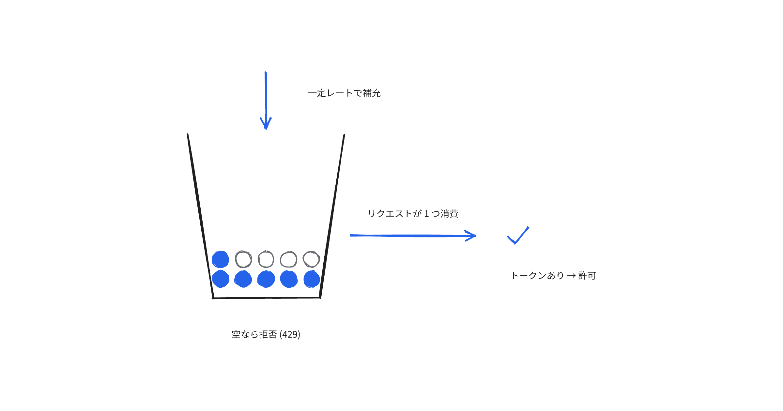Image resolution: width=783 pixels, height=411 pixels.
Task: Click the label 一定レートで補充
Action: pyautogui.click(x=344, y=93)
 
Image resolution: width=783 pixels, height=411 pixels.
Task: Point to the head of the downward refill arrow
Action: pyautogui.click(x=266, y=129)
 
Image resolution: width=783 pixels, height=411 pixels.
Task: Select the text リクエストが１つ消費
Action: pyautogui.click(x=413, y=214)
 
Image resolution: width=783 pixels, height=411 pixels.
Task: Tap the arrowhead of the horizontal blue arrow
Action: pyautogui.click(x=476, y=236)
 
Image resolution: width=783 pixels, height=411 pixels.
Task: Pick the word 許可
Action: pyautogui.click(x=587, y=276)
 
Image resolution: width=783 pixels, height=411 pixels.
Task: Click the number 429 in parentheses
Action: pyautogui.click(x=290, y=335)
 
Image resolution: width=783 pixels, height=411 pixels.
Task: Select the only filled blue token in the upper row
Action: pyautogui.click(x=220, y=260)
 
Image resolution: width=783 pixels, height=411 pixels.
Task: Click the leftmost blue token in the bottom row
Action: pyautogui.click(x=220, y=279)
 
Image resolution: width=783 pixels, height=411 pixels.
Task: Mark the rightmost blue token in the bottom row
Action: pyautogui.click(x=312, y=279)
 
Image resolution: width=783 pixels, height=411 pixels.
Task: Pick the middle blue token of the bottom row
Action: pyautogui.click(x=266, y=279)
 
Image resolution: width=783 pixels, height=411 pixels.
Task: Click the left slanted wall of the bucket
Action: pyautogui.click(x=200, y=216)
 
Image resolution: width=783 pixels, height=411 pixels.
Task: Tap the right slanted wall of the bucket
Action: pyautogui.click(x=332, y=216)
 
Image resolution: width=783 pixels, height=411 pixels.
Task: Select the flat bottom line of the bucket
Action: pyautogui.click(x=266, y=298)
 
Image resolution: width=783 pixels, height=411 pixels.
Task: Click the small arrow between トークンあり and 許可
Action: pyautogui.click(x=571, y=276)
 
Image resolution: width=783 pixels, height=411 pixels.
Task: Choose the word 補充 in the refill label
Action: pyautogui.click(x=372, y=93)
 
